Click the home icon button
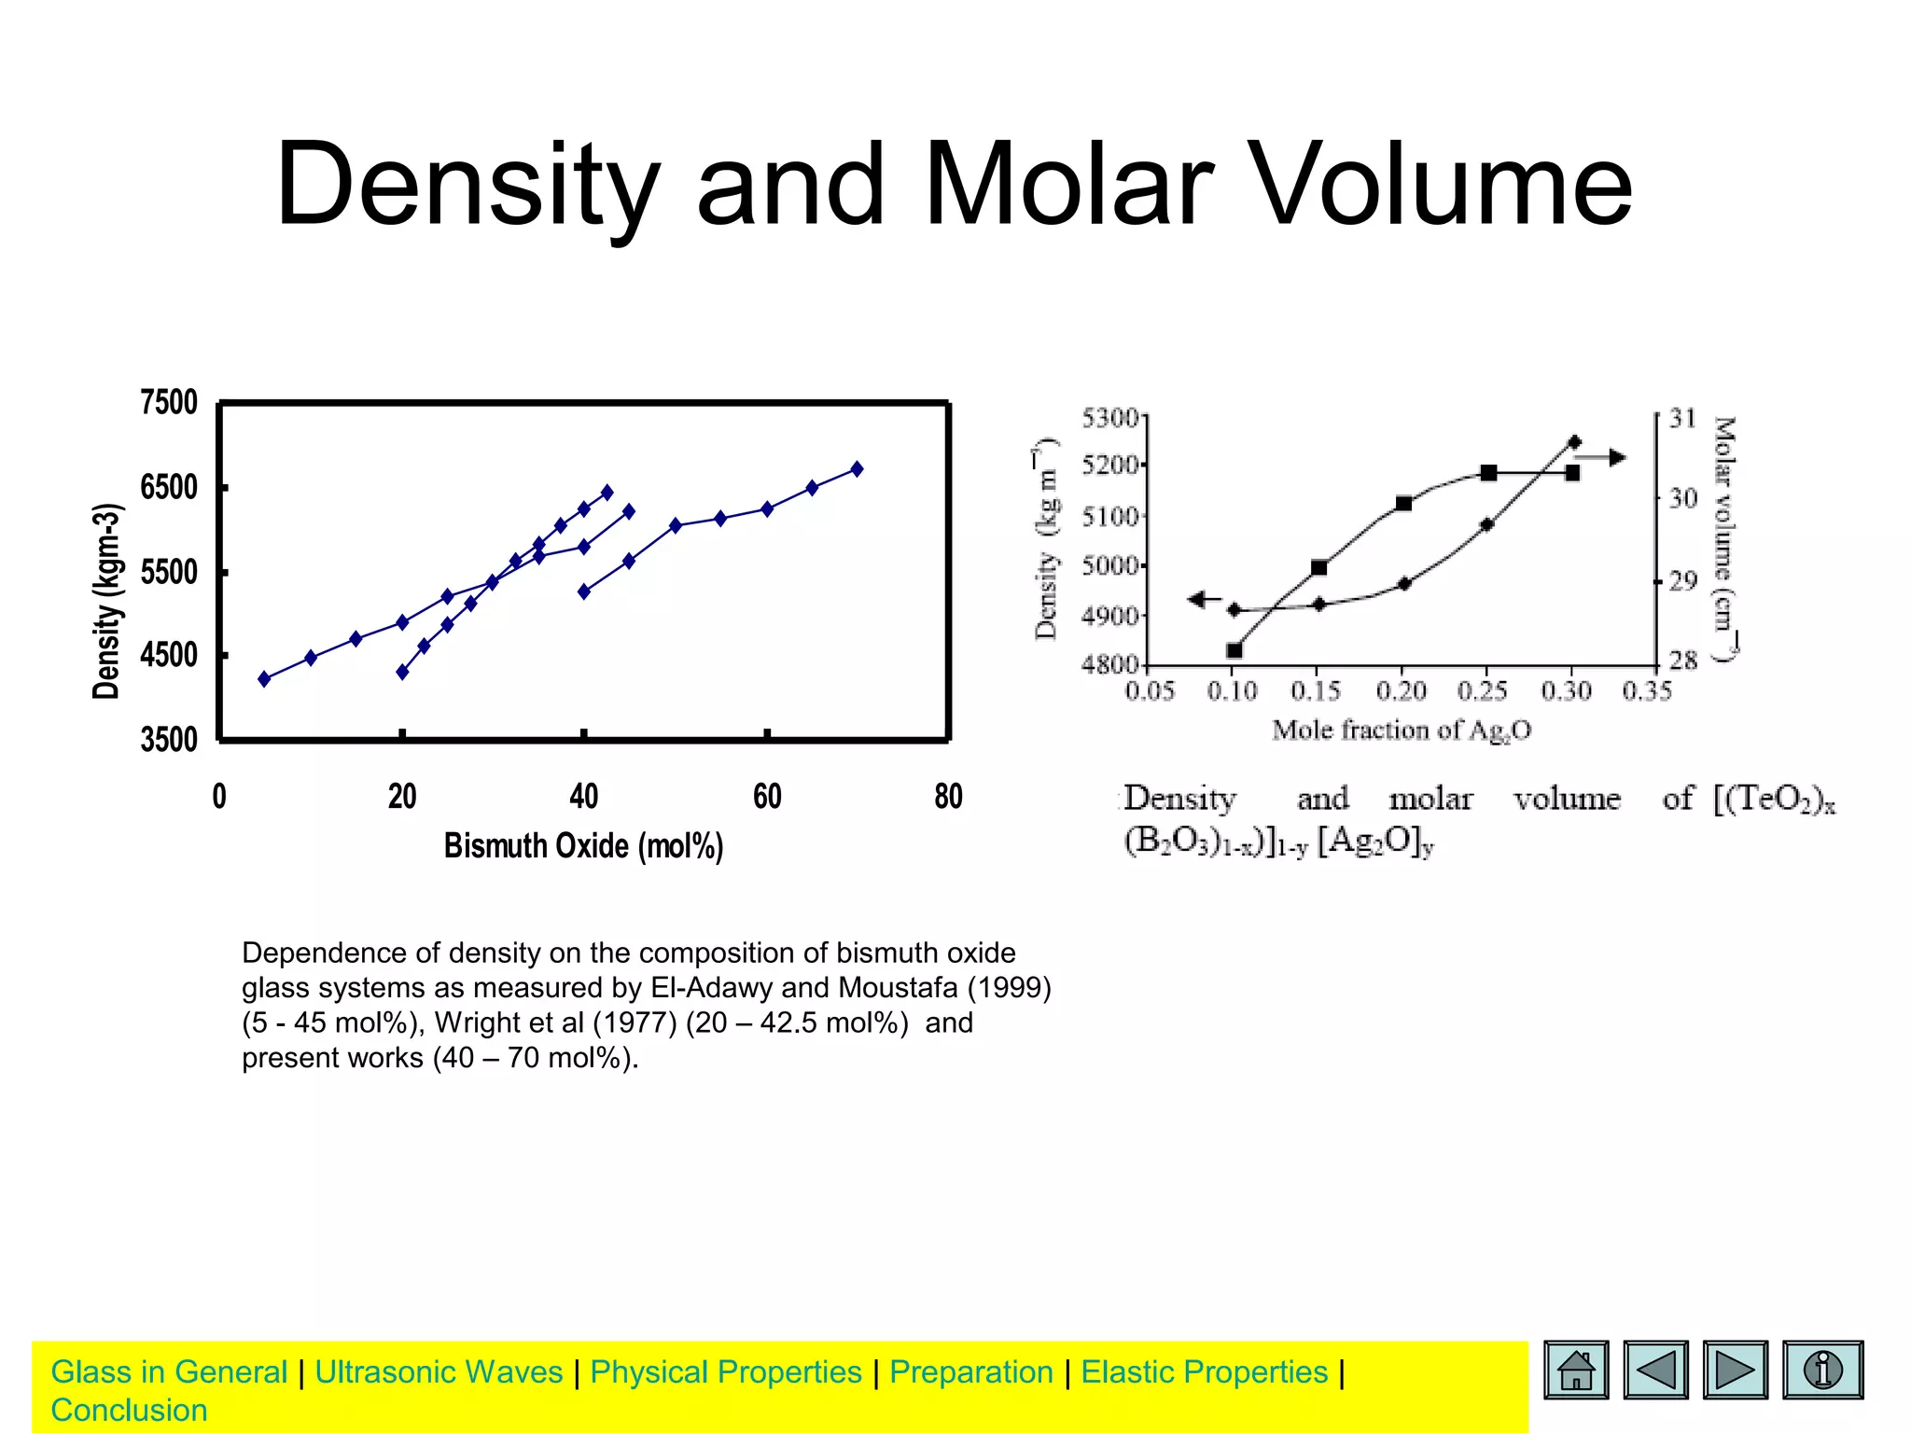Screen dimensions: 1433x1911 [x=1576, y=1370]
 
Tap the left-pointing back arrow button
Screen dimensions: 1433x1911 [x=1655, y=1370]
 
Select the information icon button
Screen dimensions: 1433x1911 [x=1822, y=1370]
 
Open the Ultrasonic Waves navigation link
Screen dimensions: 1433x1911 [x=439, y=1372]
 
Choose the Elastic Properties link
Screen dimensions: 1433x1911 [x=1204, y=1372]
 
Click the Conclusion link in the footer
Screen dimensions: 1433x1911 [x=129, y=1411]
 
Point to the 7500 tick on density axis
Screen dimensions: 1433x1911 [x=169, y=402]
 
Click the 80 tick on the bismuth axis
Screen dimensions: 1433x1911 [x=948, y=797]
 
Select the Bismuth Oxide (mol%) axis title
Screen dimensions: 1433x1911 [x=583, y=846]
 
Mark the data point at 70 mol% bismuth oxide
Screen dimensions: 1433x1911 [x=857, y=469]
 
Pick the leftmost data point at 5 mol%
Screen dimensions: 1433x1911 [x=264, y=679]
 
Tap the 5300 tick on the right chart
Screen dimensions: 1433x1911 [x=1109, y=417]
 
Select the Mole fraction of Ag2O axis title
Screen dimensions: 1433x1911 [x=1401, y=730]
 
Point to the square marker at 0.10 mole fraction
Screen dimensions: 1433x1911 [x=1234, y=650]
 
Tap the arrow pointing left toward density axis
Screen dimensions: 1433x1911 [x=1204, y=599]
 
